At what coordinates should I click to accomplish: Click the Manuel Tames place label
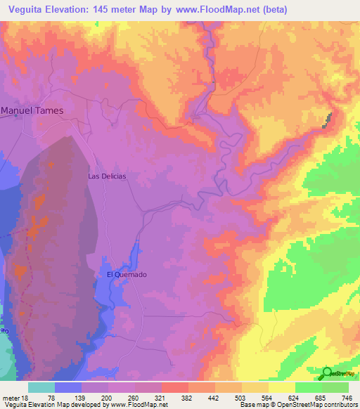click(32, 110)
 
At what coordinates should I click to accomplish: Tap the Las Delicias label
click(107, 176)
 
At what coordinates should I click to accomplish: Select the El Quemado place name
click(127, 275)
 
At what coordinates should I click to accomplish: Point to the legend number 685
click(319, 398)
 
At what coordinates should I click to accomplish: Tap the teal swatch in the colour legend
click(41, 387)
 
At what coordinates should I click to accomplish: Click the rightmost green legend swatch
click(335, 387)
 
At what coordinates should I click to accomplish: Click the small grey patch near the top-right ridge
click(326, 120)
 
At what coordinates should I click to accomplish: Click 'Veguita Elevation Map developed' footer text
click(46, 405)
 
